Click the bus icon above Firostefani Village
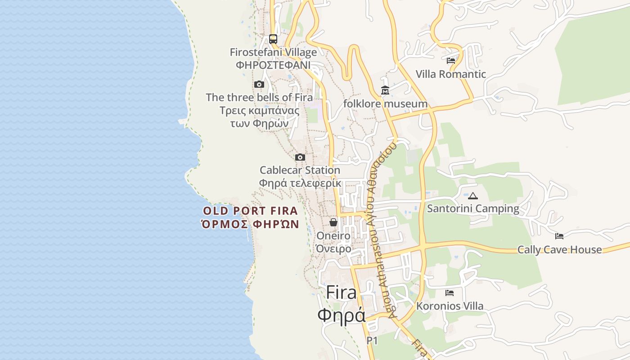273,39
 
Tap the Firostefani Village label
273,52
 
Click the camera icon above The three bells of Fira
259,84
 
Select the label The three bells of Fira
259,97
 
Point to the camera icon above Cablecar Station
300,157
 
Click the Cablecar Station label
300,170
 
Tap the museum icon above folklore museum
385,91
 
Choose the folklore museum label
385,104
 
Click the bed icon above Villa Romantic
451,61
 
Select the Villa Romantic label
451,74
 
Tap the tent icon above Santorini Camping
473,196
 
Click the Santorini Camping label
473,209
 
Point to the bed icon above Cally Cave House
559,236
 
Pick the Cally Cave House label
559,250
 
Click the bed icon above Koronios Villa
450,293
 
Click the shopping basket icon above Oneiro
333,222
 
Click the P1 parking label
372,341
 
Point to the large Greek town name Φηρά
342,315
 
